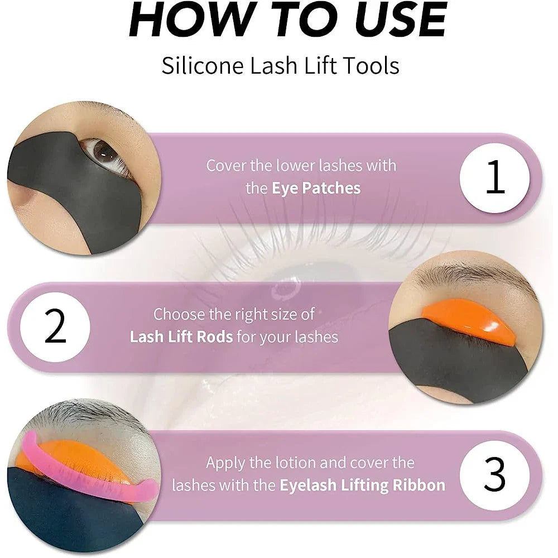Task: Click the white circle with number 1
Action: tap(494, 177)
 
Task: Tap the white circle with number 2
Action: tap(55, 327)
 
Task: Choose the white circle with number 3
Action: tap(494, 475)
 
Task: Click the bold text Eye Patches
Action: tap(316, 188)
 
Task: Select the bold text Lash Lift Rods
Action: tap(181, 337)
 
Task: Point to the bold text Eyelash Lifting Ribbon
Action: tap(363, 485)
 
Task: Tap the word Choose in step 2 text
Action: tap(178, 314)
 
